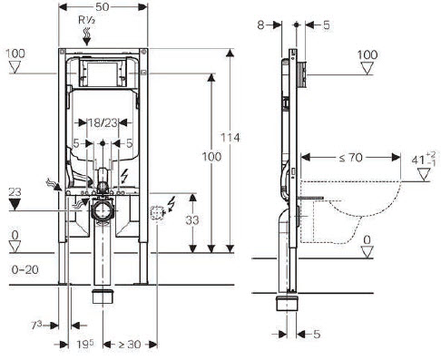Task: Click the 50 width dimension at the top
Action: tap(102, 7)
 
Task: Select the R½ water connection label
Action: tap(87, 20)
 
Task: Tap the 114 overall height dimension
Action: tap(230, 138)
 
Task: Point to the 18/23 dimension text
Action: tap(103, 123)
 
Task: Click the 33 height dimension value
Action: tap(192, 220)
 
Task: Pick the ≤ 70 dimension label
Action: tap(350, 158)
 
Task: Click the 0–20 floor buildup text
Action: tap(25, 269)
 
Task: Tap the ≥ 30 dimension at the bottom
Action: tap(130, 345)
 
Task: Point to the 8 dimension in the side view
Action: tap(260, 25)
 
